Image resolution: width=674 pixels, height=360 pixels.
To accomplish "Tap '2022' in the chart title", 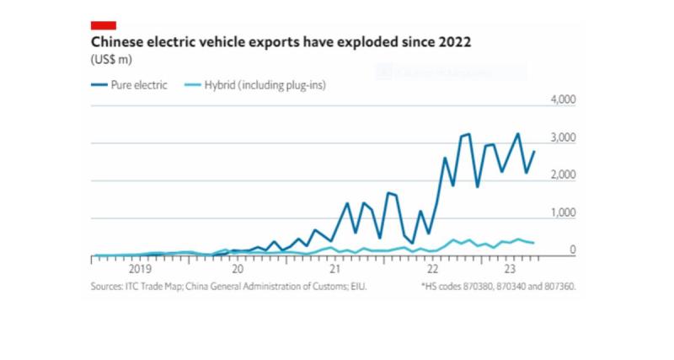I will pos(452,41).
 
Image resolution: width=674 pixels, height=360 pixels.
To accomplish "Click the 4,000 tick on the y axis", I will pos(562,99).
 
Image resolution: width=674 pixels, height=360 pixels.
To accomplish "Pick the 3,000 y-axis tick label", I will pos(562,137).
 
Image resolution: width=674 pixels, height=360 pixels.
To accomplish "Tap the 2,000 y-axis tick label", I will pos(562,175).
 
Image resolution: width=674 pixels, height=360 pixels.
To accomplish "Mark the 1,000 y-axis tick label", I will pos(562,213).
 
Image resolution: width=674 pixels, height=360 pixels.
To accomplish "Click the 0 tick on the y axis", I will pos(572,250).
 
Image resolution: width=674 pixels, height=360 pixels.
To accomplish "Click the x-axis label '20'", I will pos(238,270).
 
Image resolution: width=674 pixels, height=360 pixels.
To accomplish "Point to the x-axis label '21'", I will pos(335,270).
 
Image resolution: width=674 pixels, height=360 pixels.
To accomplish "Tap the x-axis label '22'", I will pos(433,270).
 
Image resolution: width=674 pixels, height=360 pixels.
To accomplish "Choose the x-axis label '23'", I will pos(508,270).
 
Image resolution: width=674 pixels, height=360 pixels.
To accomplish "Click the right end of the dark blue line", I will pos(534,152).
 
